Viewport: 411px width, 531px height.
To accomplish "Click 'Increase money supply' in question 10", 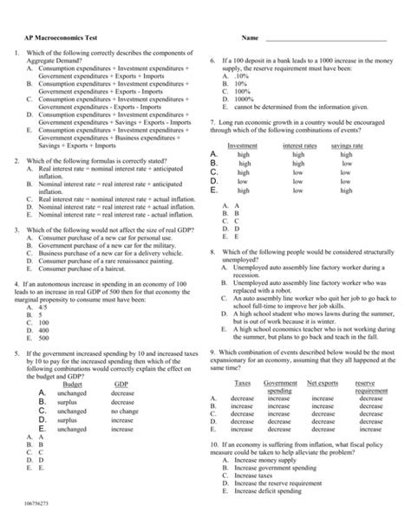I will pyautogui.click(x=267, y=459).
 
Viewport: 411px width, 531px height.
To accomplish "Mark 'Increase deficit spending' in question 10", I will pyautogui.click(x=268, y=491).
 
